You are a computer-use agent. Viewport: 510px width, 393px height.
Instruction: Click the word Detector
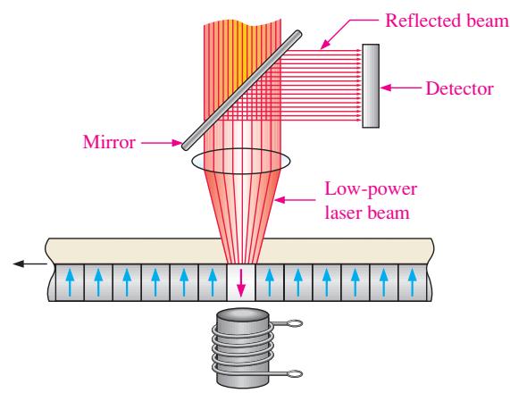tap(460, 88)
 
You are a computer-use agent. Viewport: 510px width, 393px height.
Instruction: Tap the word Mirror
tap(109, 142)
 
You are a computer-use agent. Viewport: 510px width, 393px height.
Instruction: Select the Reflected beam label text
tap(447, 21)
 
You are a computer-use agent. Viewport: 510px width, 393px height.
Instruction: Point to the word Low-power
tap(371, 189)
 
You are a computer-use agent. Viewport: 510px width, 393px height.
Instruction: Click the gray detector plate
tap(371, 86)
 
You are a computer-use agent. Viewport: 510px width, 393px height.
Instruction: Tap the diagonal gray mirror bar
tap(242, 90)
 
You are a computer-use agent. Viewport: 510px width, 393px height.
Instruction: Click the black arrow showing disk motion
tap(30, 263)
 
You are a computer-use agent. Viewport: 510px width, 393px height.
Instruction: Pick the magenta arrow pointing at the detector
tap(401, 88)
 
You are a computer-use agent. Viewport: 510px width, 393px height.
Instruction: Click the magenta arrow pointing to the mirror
tap(162, 143)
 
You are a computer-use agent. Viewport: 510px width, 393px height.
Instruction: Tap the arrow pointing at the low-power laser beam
tap(295, 199)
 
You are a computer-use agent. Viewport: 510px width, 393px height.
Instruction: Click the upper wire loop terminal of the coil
tap(295, 323)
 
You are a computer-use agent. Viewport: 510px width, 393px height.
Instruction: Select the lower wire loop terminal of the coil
tap(295, 374)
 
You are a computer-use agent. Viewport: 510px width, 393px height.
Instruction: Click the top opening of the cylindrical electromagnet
tap(243, 315)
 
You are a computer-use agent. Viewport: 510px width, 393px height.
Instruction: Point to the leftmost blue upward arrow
tap(70, 282)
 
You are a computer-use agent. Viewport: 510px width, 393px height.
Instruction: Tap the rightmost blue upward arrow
tap(413, 282)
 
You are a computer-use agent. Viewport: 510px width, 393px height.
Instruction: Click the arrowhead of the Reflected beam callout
tap(324, 46)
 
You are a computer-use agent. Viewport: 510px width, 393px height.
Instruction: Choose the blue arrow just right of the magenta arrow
tap(270, 282)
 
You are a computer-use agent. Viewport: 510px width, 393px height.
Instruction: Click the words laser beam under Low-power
tap(367, 213)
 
